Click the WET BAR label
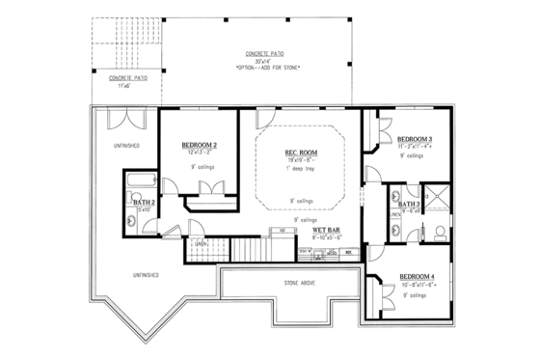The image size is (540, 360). (x=323, y=230)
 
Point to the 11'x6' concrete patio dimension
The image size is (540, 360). (x=121, y=85)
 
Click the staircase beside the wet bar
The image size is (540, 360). (x=224, y=250)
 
